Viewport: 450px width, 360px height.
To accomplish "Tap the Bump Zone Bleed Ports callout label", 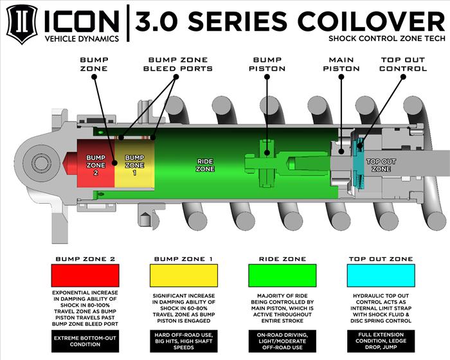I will (x=178, y=64).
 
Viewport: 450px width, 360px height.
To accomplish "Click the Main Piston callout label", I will (x=345, y=64).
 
